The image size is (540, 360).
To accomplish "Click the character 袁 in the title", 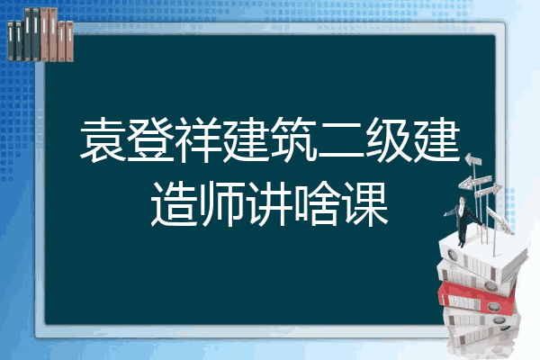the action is (103, 140).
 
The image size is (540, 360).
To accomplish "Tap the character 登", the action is (150, 140).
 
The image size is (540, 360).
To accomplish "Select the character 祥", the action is (198, 140).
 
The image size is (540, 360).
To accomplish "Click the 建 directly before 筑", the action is (246, 140).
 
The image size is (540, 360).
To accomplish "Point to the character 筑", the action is (293, 140).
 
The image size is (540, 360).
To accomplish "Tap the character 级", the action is (389, 140).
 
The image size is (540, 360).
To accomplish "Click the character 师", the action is (222, 204).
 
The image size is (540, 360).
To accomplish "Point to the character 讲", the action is (270, 204).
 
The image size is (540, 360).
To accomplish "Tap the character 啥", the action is (317, 204).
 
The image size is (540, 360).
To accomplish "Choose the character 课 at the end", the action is (365, 204).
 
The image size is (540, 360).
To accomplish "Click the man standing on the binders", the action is (463, 219).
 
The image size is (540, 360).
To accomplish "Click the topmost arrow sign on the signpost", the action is (473, 160).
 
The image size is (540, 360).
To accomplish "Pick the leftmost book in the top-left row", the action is (11, 40).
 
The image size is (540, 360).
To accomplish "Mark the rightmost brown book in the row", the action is (69, 41).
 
